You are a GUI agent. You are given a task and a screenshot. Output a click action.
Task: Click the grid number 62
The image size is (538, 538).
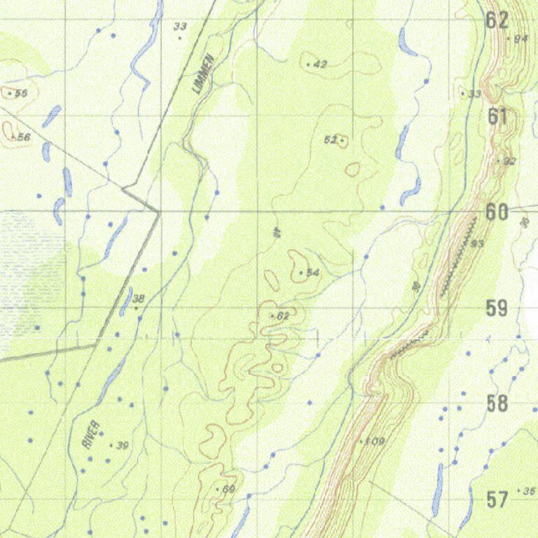(x=497, y=20)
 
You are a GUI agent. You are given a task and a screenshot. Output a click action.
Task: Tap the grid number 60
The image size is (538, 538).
(x=497, y=212)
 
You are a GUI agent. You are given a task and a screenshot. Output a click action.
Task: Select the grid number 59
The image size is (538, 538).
(x=497, y=308)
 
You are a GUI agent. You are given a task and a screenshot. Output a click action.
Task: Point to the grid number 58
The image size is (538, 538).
(x=497, y=403)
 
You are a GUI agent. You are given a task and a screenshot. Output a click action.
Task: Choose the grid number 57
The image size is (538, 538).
(x=497, y=499)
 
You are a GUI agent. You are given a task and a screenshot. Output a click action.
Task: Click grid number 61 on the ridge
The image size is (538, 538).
(x=497, y=116)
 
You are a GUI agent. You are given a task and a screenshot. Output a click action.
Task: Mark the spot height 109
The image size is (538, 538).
(x=375, y=441)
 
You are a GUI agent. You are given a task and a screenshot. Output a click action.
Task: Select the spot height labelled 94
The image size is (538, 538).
(x=520, y=39)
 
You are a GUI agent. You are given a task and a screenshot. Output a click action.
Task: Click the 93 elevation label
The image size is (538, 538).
(x=478, y=244)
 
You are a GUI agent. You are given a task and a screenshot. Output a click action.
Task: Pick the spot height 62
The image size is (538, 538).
(x=282, y=317)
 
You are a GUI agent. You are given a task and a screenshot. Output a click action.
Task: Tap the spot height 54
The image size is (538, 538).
(x=312, y=272)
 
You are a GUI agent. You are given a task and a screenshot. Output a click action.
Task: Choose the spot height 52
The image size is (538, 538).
(x=331, y=140)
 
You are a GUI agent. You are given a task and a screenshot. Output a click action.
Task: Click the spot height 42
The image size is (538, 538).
(x=320, y=64)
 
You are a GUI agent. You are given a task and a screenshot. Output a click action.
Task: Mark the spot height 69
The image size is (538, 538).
(x=228, y=489)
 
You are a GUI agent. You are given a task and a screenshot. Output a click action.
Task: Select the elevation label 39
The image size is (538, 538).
(x=123, y=446)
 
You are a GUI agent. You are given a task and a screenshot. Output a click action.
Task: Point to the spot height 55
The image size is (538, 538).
(x=20, y=93)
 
